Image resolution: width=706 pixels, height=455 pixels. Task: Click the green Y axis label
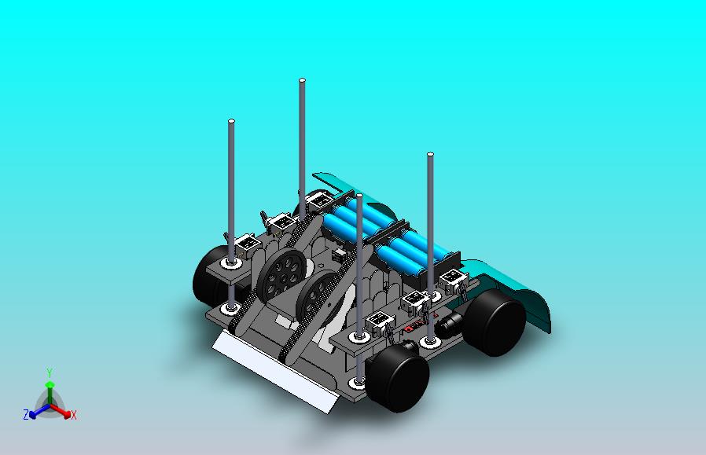[x=50, y=372]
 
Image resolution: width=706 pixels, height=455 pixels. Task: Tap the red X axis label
[x=74, y=415]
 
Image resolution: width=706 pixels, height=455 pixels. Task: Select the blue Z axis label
[x=26, y=414]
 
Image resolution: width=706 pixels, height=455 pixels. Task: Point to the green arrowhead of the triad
[x=50, y=384]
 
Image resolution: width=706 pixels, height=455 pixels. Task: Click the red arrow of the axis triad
[x=61, y=410]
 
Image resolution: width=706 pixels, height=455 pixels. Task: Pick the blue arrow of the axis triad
[x=39, y=410]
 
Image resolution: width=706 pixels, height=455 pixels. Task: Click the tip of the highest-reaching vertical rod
[x=302, y=81]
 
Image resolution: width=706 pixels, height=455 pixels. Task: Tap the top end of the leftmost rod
[x=231, y=121]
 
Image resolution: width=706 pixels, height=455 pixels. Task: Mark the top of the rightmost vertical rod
[x=431, y=154]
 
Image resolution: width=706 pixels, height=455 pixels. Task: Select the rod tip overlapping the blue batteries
[x=359, y=196]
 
